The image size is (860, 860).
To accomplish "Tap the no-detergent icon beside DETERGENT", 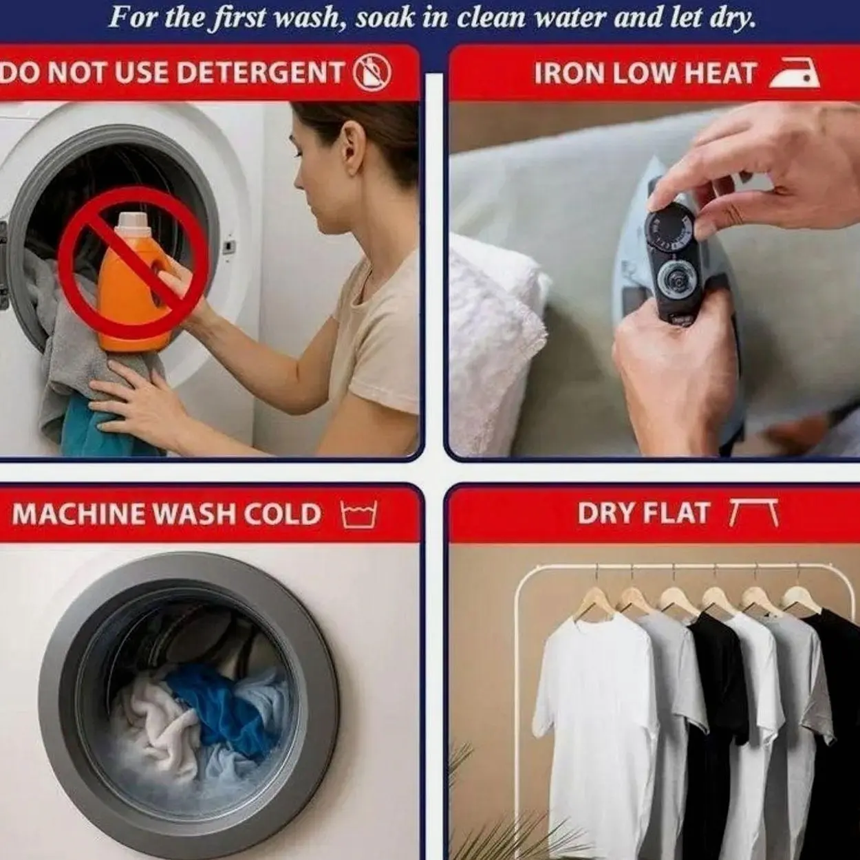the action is pyautogui.click(x=372, y=73).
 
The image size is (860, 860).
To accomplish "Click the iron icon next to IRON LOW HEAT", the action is pyautogui.click(x=795, y=73).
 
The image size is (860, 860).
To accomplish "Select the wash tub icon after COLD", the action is pyautogui.click(x=359, y=515).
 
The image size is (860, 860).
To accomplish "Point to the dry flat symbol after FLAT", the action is pyautogui.click(x=754, y=513).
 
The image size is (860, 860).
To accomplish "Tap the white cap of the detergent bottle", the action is pyautogui.click(x=131, y=220).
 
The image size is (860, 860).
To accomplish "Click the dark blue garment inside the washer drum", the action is pyautogui.click(x=219, y=709).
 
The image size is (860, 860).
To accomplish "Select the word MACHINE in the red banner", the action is pyautogui.click(x=78, y=514).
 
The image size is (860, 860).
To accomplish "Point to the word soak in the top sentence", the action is pyautogui.click(x=385, y=18).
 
